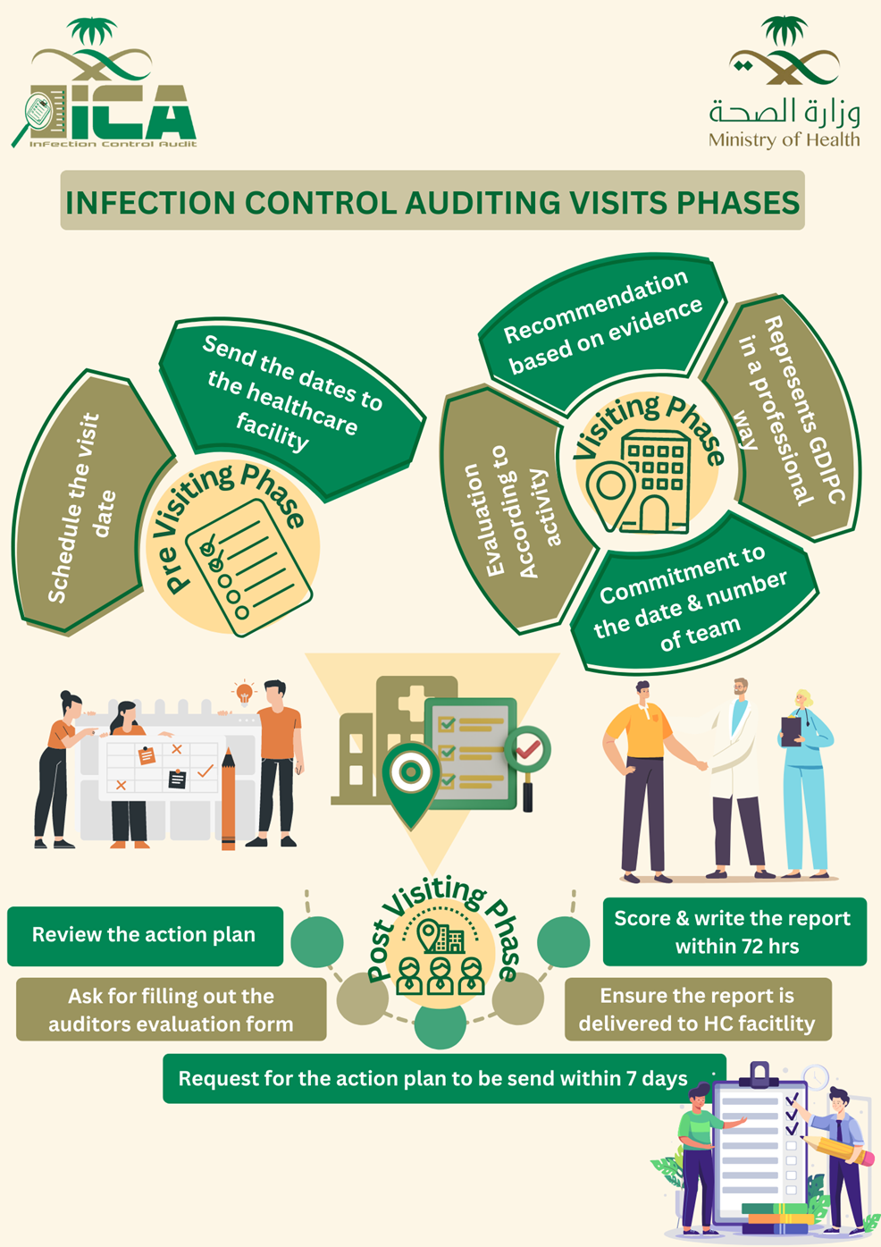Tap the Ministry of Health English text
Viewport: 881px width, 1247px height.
pyautogui.click(x=784, y=140)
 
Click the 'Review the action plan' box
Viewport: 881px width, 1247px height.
pyautogui.click(x=144, y=935)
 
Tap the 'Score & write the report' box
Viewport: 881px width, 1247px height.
pyautogui.click(x=734, y=931)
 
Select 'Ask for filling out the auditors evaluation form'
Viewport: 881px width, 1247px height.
pyautogui.click(x=171, y=1009)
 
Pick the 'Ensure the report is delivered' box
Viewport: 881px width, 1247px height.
pyautogui.click(x=697, y=1009)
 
